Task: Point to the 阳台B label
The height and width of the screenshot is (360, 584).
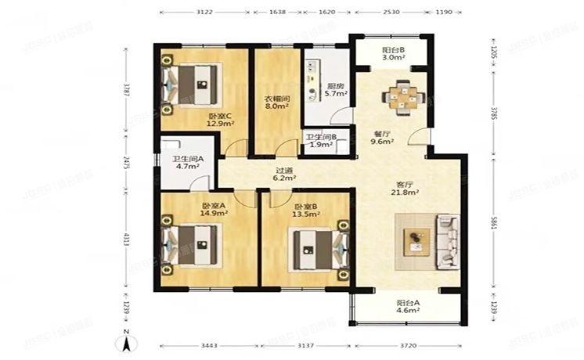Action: point(392,52)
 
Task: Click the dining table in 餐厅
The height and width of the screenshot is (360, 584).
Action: point(403,97)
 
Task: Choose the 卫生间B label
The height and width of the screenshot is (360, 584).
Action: point(321,139)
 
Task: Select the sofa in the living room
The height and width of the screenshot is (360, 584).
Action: point(452,242)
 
